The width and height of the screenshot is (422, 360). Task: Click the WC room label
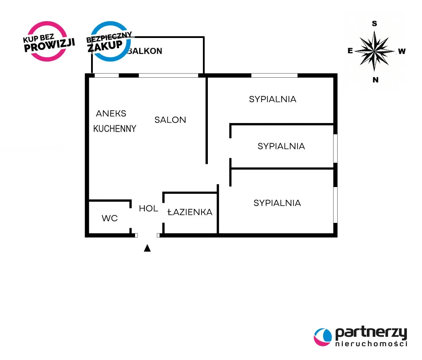tap(109, 218)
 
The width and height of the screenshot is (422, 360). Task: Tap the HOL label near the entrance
tap(148, 208)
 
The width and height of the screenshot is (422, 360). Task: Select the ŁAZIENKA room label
tap(190, 212)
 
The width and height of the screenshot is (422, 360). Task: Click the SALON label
tap(170, 120)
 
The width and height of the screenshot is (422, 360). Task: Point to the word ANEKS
tap(111, 114)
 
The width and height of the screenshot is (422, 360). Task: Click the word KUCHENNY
tap(115, 129)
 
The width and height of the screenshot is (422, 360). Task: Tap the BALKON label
tap(145, 51)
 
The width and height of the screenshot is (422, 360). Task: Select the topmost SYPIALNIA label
tap(273, 99)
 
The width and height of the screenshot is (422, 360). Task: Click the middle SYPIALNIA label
tap(281, 146)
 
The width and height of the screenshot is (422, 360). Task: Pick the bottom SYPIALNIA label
tap(277, 203)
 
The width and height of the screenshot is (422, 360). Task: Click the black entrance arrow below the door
tap(147, 248)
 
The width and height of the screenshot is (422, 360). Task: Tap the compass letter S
tap(375, 24)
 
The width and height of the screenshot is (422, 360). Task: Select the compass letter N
tap(375, 80)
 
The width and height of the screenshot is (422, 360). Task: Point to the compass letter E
tap(350, 51)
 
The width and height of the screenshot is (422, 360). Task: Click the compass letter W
tap(402, 51)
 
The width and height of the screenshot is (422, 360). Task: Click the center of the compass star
tap(375, 51)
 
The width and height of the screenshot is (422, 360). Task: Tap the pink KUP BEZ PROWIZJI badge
tap(48, 41)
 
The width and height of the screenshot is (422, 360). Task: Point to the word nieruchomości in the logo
tap(371, 343)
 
